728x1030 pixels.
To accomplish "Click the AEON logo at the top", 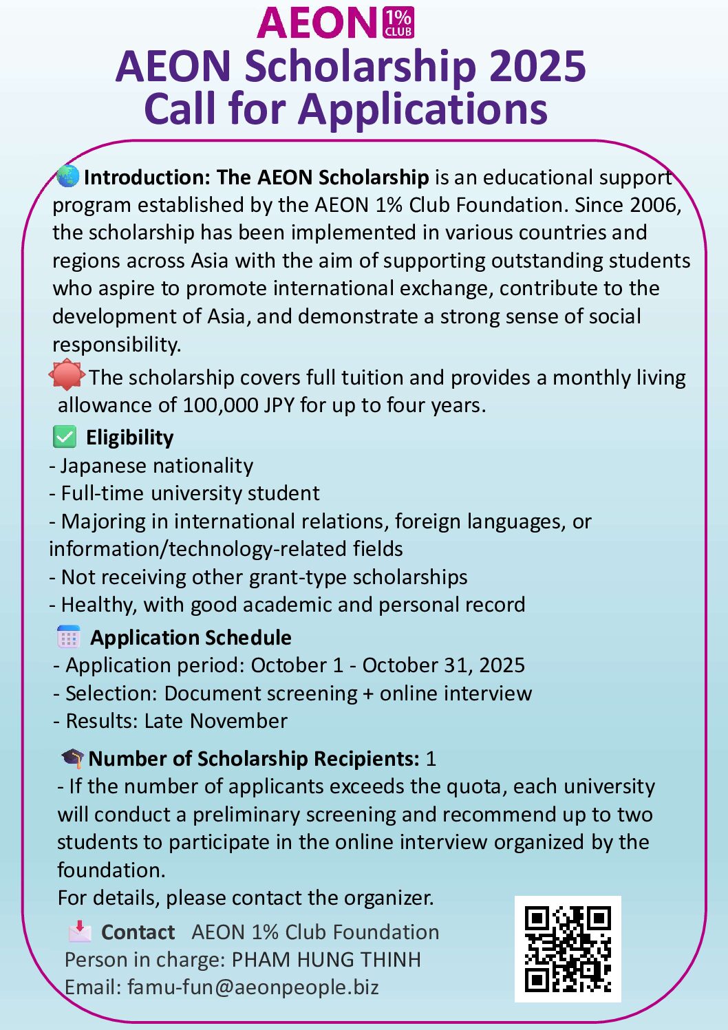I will pyautogui.click(x=335, y=23).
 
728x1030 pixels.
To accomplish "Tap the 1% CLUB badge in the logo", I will pyautogui.click(x=398, y=23).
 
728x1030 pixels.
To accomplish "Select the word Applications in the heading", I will pyautogui.click(x=422, y=109).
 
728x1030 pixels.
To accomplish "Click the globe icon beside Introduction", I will pyautogui.click(x=68, y=176).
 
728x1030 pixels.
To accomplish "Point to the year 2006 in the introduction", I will pyautogui.click(x=654, y=205).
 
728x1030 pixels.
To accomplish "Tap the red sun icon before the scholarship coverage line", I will pyautogui.click(x=66, y=375).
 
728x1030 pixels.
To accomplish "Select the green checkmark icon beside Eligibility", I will pyautogui.click(x=65, y=437).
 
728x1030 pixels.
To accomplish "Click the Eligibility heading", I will pyautogui.click(x=129, y=438).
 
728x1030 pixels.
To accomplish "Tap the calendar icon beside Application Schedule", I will pyautogui.click(x=68, y=637).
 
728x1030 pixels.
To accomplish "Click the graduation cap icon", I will pyautogui.click(x=72, y=758).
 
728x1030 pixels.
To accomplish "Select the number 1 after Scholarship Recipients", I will pyautogui.click(x=431, y=759).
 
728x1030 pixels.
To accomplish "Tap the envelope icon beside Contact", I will pyautogui.click(x=80, y=931).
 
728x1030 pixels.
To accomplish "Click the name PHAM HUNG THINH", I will pyautogui.click(x=325, y=960).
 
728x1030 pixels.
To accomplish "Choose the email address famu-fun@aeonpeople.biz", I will pyautogui.click(x=253, y=987).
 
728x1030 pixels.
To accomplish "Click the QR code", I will pyautogui.click(x=568, y=949).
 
